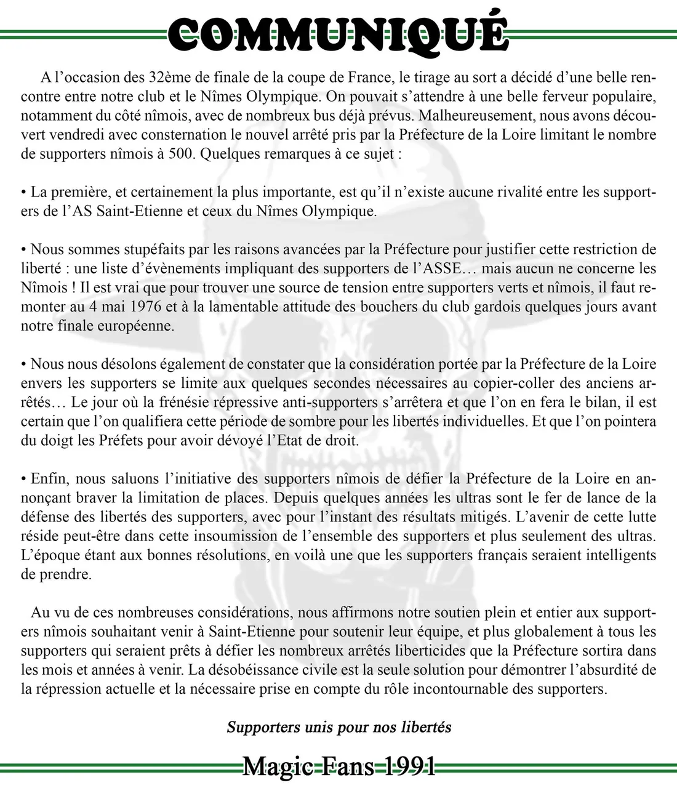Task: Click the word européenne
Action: [x=136, y=326]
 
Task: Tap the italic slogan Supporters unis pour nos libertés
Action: [x=339, y=727]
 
